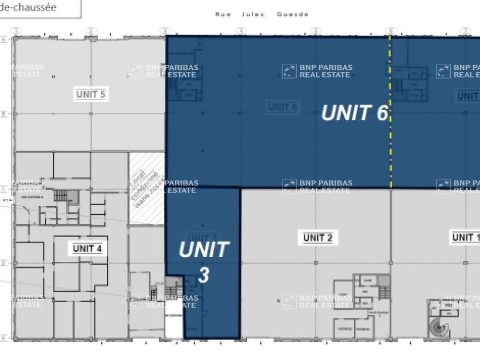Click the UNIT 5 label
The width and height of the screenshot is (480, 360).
point(91,94)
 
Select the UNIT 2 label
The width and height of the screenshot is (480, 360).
point(318,237)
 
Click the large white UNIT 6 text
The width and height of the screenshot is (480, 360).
point(354,113)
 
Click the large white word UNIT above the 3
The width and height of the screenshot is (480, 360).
point(204,250)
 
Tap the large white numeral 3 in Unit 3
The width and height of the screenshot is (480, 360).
point(204,275)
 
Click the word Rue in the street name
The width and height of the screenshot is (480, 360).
point(223,14)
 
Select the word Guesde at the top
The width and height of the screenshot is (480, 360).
point(293,14)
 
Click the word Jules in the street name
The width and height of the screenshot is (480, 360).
point(253,14)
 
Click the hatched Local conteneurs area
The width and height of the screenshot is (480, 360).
point(146,189)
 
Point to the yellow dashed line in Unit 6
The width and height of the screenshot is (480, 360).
point(390,144)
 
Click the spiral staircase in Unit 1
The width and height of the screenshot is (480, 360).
point(440,330)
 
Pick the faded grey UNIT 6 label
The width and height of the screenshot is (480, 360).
point(282,107)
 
